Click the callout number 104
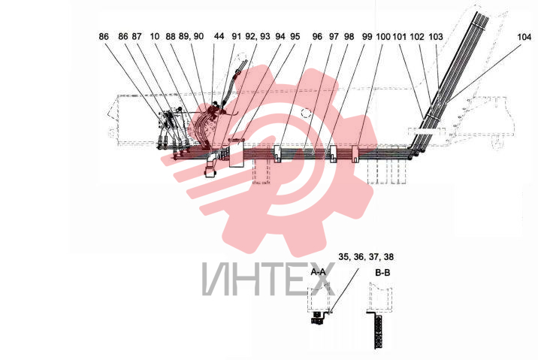click(524, 37)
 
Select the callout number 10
click(155, 36)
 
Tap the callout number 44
click(219, 36)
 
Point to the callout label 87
click(137, 36)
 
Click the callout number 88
click(171, 36)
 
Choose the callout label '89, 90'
click(191, 36)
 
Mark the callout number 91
click(237, 36)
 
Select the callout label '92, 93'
click(258, 36)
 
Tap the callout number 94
click(280, 36)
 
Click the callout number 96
click(317, 36)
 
